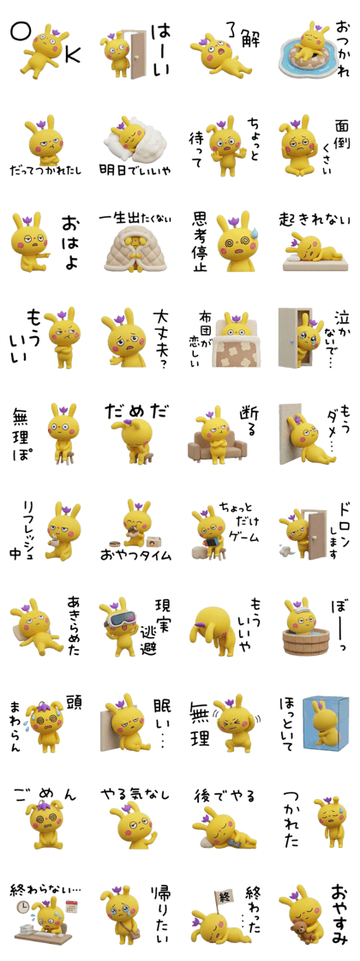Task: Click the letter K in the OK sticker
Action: [72, 55]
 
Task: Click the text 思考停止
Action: [200, 242]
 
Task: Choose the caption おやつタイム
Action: [135, 556]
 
